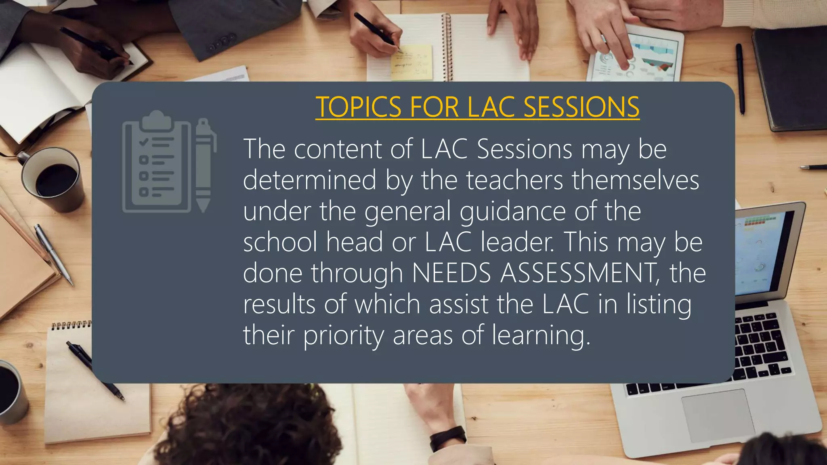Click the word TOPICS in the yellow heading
358,107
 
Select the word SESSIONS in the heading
581,107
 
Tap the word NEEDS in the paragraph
451,273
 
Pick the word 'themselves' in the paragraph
636,180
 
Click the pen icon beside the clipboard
204,165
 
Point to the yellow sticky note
411,63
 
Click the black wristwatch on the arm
447,438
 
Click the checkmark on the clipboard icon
143,142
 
